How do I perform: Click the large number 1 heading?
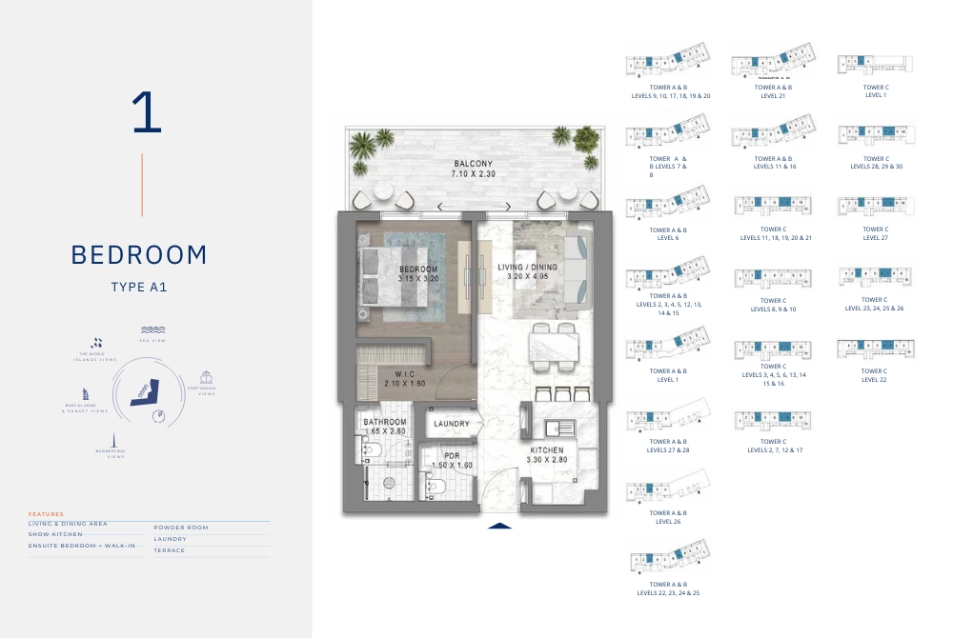147,113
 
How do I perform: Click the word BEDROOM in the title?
139,255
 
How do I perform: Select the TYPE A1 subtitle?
139,286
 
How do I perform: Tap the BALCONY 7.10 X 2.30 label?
473,169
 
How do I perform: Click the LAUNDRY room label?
452,424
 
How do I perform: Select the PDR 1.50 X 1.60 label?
453,460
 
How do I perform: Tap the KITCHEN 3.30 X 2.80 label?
547,454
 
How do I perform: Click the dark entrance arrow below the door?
499,526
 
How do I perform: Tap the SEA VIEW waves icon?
152,329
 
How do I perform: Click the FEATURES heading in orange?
46,514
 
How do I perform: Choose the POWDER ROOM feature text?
181,527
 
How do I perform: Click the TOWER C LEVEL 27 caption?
875,233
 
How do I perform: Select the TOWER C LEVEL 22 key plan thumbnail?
875,348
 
